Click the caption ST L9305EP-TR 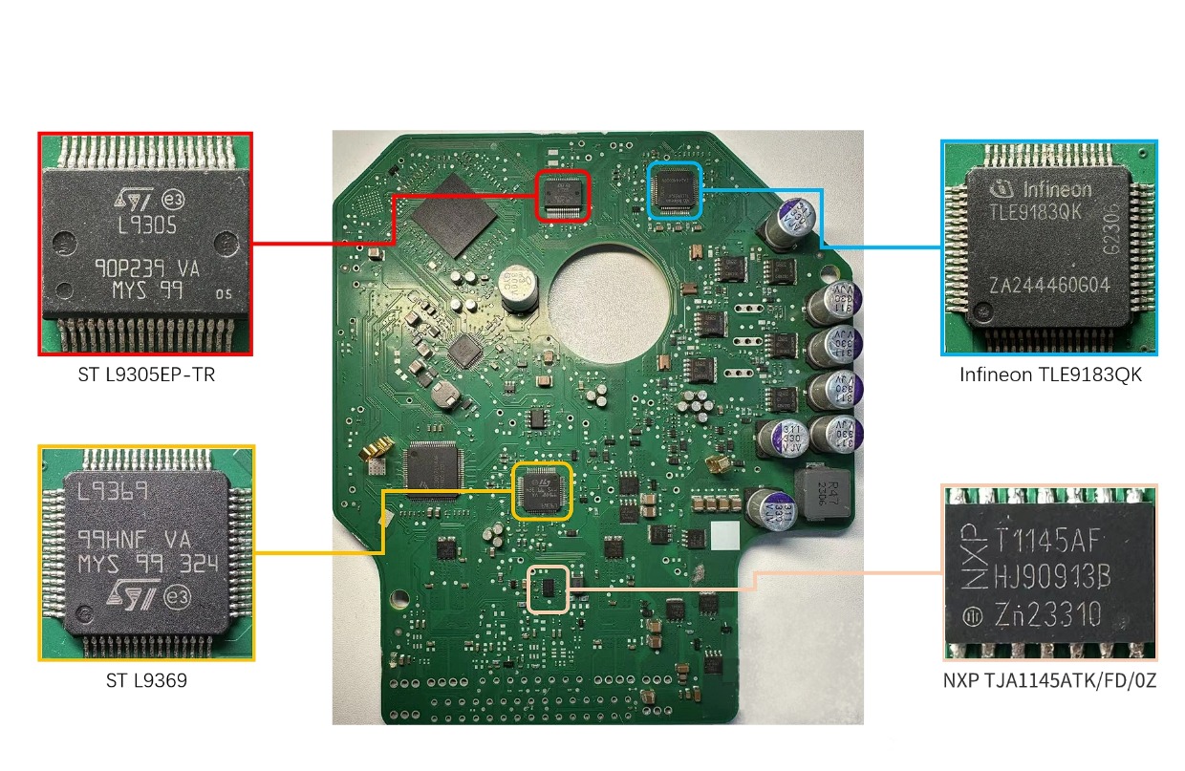pyautogui.click(x=146, y=375)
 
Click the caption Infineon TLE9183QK pyautogui.click(x=1050, y=375)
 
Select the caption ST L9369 pyautogui.click(x=146, y=681)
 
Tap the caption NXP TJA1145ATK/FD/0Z pyautogui.click(x=1049, y=682)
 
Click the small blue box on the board pyautogui.click(x=675, y=188)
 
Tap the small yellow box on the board pyautogui.click(x=542, y=491)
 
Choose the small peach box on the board pyautogui.click(x=549, y=589)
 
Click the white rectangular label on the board pyautogui.click(x=724, y=536)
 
